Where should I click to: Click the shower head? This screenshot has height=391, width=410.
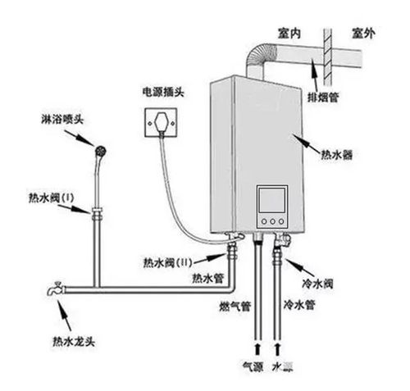pos(101,152)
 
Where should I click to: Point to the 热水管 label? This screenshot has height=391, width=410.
pos(207,278)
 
